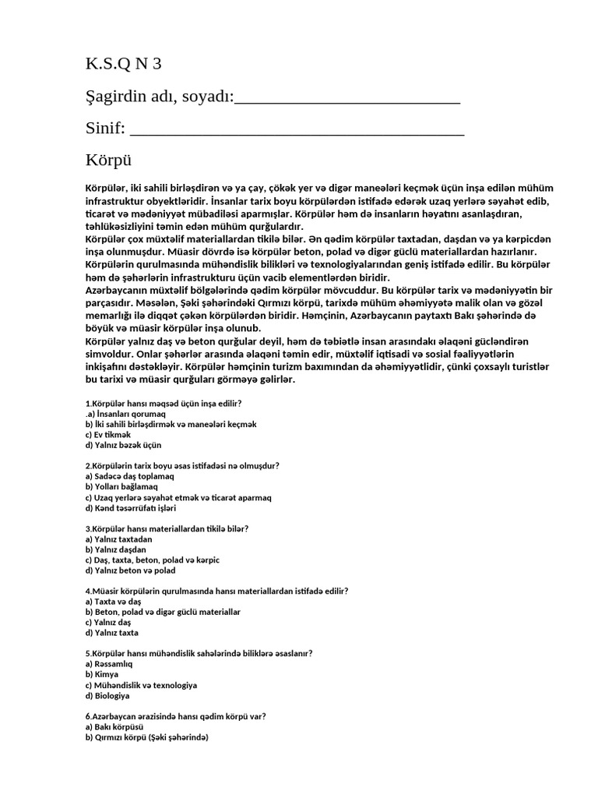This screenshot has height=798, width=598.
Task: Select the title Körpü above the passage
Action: point(109,161)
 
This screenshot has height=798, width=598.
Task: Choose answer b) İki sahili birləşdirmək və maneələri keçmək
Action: point(171,424)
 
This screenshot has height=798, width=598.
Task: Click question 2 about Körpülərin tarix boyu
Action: point(181,465)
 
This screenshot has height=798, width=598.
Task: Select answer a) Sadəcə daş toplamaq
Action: point(129,476)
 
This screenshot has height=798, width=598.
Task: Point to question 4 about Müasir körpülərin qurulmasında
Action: point(216,591)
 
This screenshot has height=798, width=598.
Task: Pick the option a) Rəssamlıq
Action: point(109,664)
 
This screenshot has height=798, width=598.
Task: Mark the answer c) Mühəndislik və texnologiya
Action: point(140,685)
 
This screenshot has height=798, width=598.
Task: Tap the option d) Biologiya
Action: point(107,695)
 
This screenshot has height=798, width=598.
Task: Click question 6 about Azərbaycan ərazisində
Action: point(175,716)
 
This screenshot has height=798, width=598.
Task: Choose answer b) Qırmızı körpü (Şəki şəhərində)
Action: point(146,737)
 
